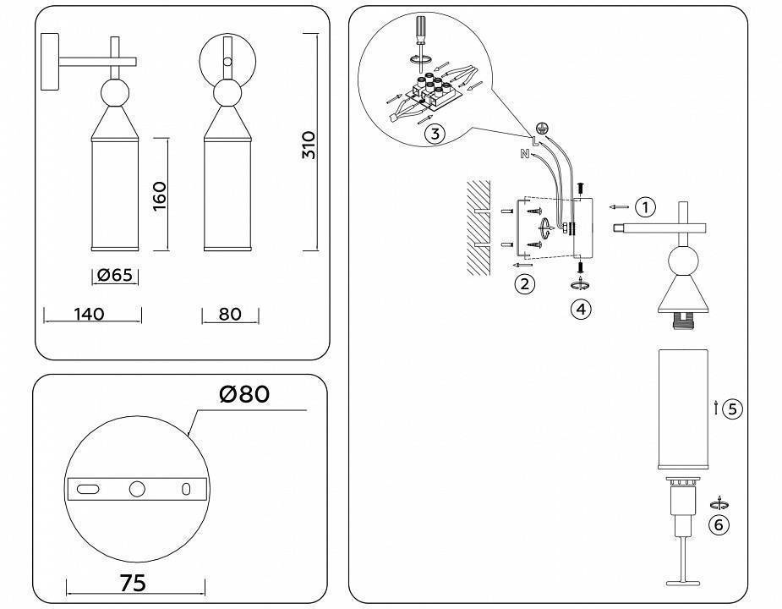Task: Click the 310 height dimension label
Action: click(x=309, y=145)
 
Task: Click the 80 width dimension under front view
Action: click(x=229, y=315)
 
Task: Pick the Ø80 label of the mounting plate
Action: click(x=243, y=394)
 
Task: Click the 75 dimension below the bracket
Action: click(x=134, y=583)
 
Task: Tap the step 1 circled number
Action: click(x=645, y=206)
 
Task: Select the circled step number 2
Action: click(x=525, y=284)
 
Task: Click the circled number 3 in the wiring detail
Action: click(x=434, y=134)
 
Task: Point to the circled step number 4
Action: click(x=580, y=310)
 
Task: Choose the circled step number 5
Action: click(x=732, y=409)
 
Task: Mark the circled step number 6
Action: click(x=719, y=525)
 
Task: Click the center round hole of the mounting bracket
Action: click(x=137, y=489)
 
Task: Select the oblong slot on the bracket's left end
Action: click(x=86, y=489)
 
